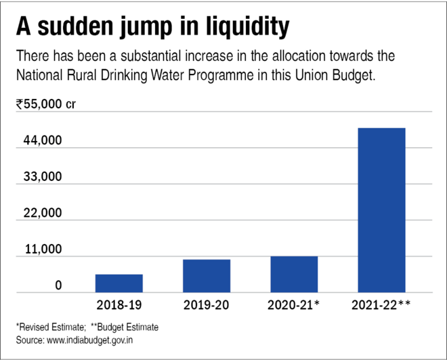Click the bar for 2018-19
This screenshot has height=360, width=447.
pos(119,283)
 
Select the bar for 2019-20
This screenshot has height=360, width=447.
pos(206,276)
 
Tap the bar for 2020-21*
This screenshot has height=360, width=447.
pos(294,275)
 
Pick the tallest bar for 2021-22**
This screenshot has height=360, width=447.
pos(381,210)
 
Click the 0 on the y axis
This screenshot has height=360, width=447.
pos(58,285)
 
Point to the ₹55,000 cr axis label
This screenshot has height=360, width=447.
pos(46,104)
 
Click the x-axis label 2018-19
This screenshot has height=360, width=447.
pos(119,305)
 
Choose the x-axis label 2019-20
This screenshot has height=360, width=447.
pos(206,305)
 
